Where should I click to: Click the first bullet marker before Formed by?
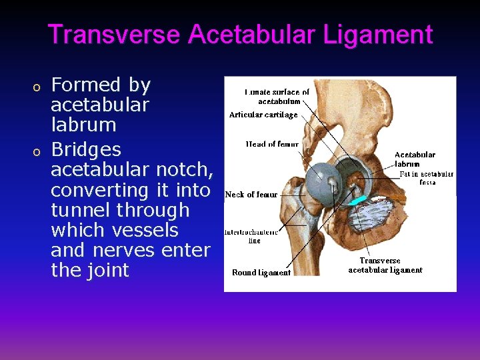click(x=38, y=87)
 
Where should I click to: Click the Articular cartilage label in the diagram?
click(x=263, y=115)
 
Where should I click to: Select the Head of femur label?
click(x=272, y=144)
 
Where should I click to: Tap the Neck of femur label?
click(x=251, y=195)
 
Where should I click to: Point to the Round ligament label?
click(x=261, y=272)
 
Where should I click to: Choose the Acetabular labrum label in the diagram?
click(x=415, y=159)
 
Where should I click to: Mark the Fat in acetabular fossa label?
click(x=427, y=178)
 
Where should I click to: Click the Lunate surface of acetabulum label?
click(x=277, y=97)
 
